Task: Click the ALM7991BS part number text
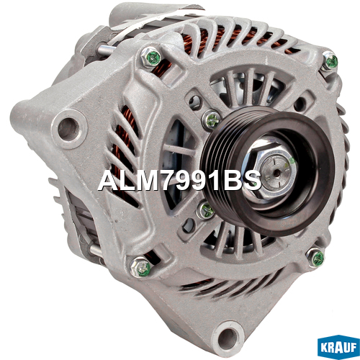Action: click(179, 181)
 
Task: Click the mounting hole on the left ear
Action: click(68, 129)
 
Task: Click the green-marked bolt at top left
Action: click(151, 58)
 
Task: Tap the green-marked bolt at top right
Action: click(330, 61)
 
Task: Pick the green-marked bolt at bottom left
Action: click(140, 267)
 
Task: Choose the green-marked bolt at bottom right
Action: click(316, 258)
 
